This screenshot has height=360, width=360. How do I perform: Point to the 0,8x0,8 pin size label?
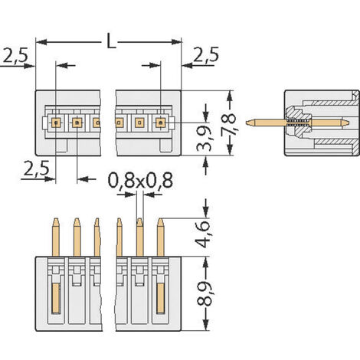[139, 181]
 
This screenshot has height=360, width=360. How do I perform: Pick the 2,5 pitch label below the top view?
[32, 168]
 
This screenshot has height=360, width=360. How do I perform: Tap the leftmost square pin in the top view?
[56, 121]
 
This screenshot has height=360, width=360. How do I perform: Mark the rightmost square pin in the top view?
[161, 121]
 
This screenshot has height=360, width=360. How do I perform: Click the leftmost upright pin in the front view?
[56, 237]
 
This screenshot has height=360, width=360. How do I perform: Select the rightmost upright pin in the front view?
[161, 237]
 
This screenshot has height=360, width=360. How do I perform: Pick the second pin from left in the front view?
[77, 237]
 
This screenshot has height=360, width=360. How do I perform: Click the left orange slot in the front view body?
[56, 297]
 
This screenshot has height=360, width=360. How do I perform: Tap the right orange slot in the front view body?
[161, 297]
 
